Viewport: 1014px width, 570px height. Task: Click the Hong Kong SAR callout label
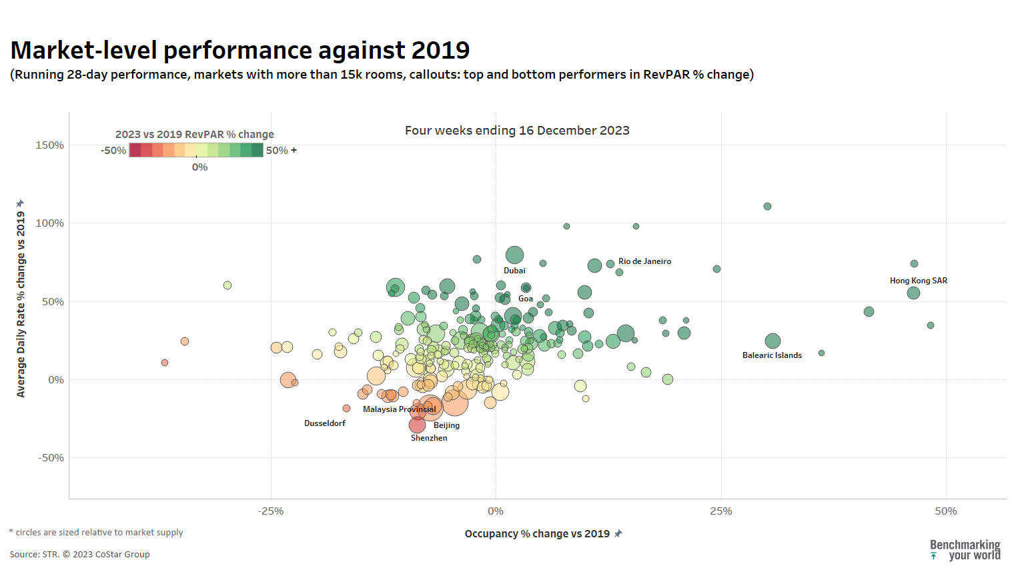pyautogui.click(x=918, y=281)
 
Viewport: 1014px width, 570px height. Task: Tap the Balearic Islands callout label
pyautogui.click(x=772, y=355)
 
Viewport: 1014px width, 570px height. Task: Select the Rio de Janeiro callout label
pyautogui.click(x=644, y=261)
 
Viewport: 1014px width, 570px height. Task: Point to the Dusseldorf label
pyautogui.click(x=325, y=423)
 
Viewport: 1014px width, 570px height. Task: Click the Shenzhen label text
pyautogui.click(x=429, y=438)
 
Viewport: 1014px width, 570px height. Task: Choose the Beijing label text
pyautogui.click(x=446, y=425)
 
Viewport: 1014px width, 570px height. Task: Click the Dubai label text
pyautogui.click(x=514, y=271)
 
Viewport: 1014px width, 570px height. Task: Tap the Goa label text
pyautogui.click(x=526, y=299)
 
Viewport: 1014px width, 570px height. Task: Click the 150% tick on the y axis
pyautogui.click(x=50, y=145)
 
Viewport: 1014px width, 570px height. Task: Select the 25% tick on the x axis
pyautogui.click(x=720, y=511)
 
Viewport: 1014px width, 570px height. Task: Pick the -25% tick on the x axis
pyautogui.click(x=270, y=511)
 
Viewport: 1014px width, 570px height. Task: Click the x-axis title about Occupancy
pyautogui.click(x=537, y=534)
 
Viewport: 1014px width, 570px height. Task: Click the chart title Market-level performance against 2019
pyautogui.click(x=240, y=51)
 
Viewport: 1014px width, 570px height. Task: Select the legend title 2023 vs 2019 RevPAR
pyautogui.click(x=194, y=135)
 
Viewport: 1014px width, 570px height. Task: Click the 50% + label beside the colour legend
pyautogui.click(x=281, y=151)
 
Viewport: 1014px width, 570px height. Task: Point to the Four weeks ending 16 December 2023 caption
pyautogui.click(x=517, y=131)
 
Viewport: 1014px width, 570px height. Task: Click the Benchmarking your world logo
pyautogui.click(x=965, y=550)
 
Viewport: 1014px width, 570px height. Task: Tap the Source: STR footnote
pyautogui.click(x=79, y=554)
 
